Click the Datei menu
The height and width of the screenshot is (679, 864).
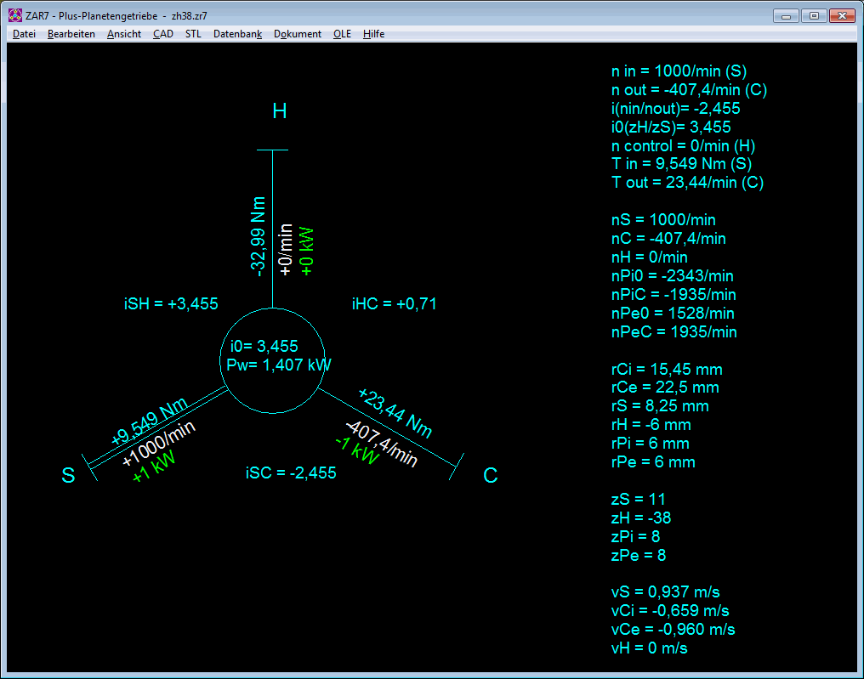click(x=25, y=34)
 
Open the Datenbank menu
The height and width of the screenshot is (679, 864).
click(x=237, y=34)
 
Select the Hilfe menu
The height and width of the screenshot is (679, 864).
click(x=373, y=34)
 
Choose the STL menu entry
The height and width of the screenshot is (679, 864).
click(x=193, y=34)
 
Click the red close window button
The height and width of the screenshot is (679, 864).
click(x=842, y=16)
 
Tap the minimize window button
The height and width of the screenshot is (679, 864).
click(x=787, y=16)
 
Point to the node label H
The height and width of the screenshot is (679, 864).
click(x=280, y=111)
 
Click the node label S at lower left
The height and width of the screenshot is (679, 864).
click(x=68, y=475)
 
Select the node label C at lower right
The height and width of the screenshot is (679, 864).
click(x=491, y=475)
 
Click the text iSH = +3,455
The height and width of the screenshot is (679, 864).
click(x=171, y=304)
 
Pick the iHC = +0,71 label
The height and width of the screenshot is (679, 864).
click(x=394, y=304)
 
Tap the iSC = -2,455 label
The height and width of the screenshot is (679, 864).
click(x=291, y=473)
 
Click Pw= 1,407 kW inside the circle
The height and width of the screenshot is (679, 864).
click(x=280, y=365)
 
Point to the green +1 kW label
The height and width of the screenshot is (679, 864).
click(x=154, y=467)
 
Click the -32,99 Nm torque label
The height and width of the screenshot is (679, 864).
click(x=258, y=236)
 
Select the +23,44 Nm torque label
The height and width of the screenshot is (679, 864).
click(x=395, y=412)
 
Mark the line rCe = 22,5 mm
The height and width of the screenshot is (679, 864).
click(x=665, y=388)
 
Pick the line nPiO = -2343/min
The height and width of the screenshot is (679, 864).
click(x=673, y=276)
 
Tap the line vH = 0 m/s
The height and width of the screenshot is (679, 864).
click(x=649, y=648)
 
